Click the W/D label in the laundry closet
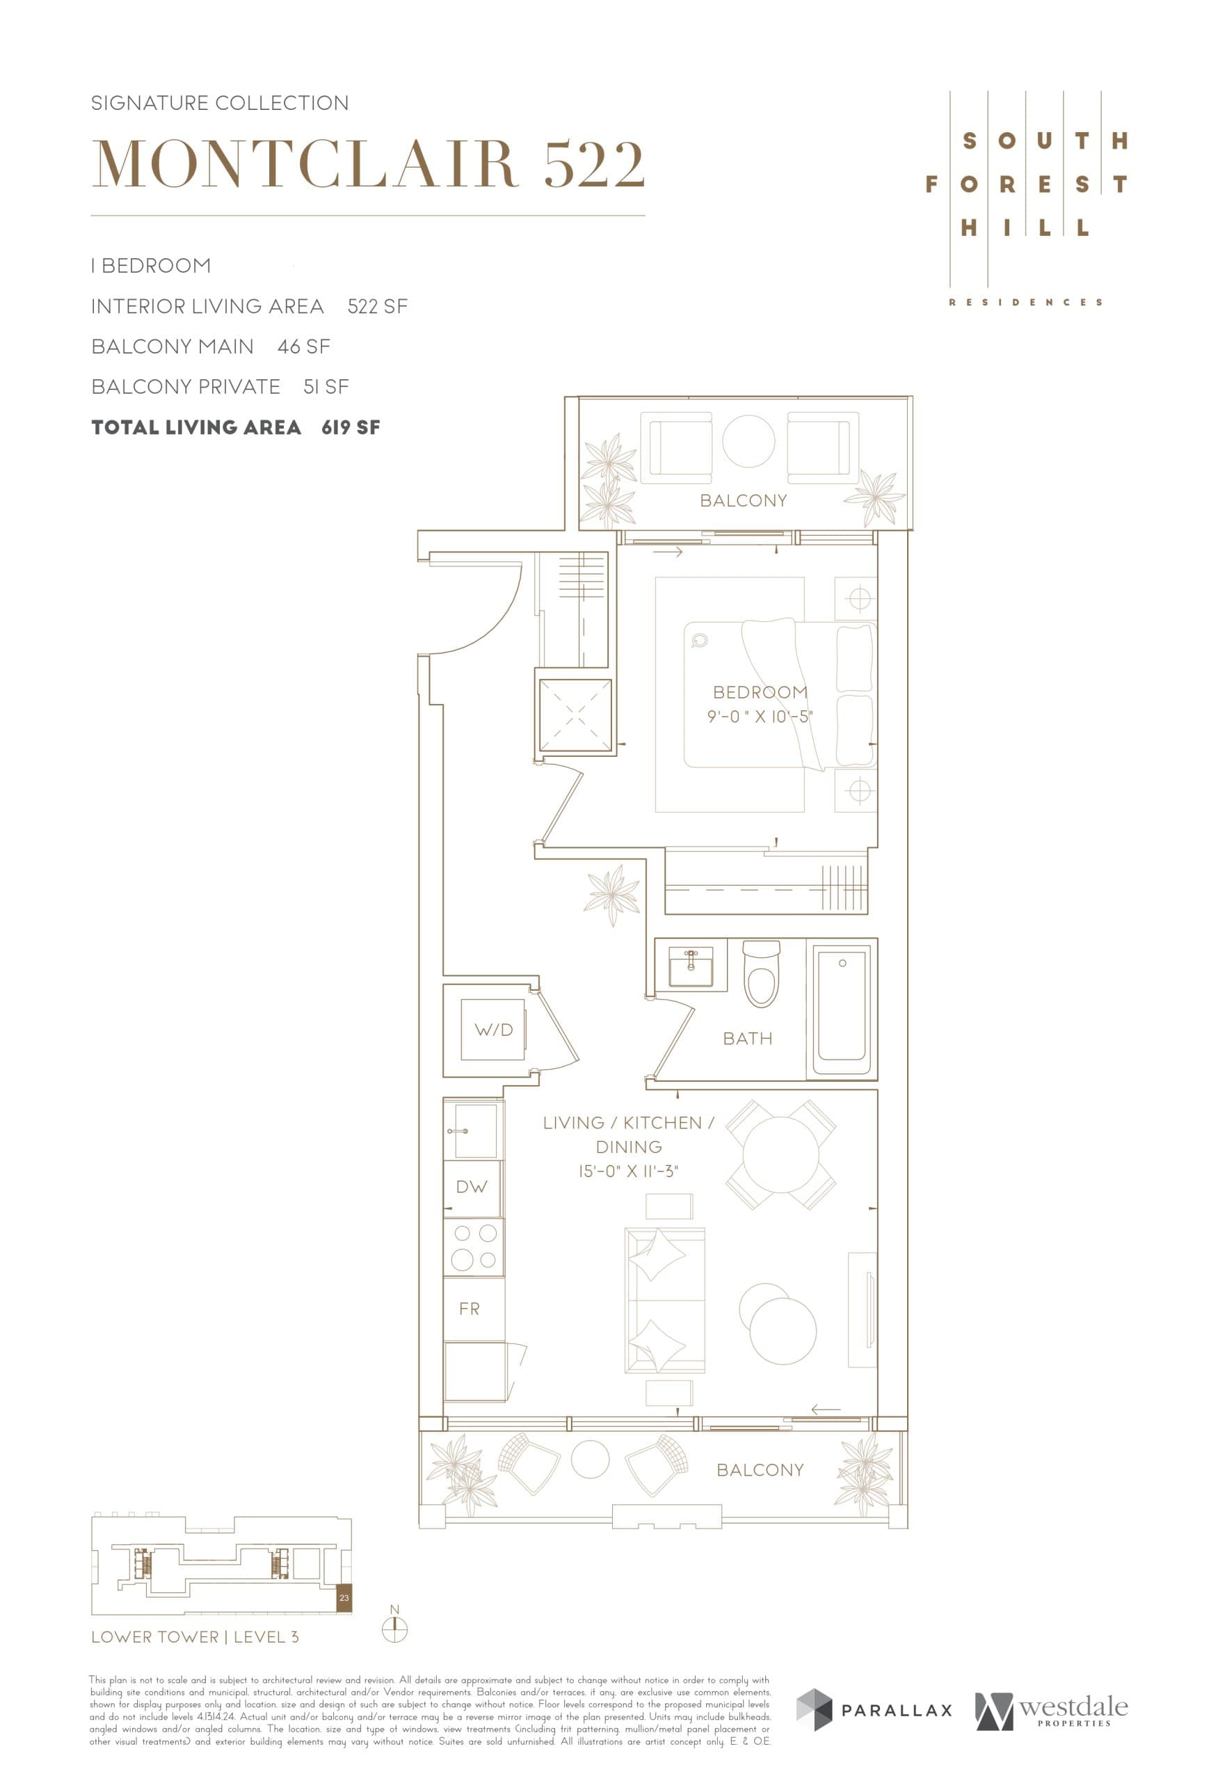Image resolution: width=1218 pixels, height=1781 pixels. pos(493,1030)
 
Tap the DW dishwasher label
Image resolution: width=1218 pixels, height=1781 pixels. pos(471,1187)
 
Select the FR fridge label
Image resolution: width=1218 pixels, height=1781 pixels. pos(470,1309)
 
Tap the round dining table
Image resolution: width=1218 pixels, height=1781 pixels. pos(780,1154)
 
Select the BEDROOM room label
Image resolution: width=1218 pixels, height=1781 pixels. pos(760,692)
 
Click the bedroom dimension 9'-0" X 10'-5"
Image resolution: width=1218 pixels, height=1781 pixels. pos(759,717)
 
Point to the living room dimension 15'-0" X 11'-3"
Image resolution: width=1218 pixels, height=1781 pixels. pos(628,1172)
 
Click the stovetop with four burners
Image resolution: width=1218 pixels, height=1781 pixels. pos(474,1247)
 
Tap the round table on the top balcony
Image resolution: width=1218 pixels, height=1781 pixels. pos(748,441)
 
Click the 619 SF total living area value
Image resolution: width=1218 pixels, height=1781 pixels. pos(350,428)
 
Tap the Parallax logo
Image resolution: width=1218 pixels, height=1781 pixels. pos(874,1710)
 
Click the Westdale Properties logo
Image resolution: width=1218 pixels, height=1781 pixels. pos(1051,1711)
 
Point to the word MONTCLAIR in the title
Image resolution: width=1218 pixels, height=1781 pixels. pos(305,164)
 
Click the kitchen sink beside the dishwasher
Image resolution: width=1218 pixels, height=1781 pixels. pos(475,1131)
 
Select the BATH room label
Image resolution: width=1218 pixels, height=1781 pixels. pos(748,1039)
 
